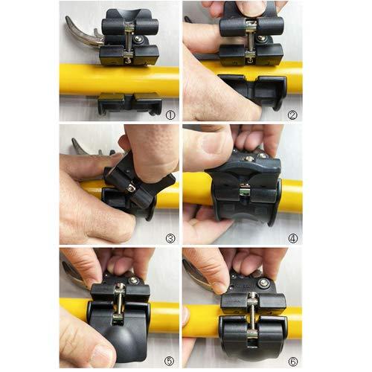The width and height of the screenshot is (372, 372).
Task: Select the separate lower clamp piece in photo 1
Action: [129, 103]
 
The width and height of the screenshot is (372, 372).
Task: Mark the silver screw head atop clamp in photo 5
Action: [134, 280]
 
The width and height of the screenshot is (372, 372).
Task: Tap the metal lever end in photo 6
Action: [191, 276]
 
